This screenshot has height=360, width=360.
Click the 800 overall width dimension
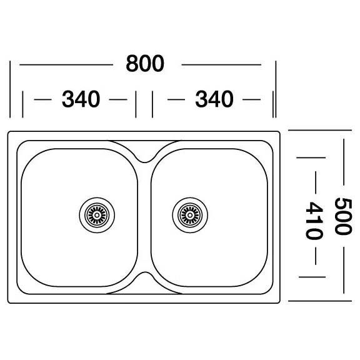pos(145,64)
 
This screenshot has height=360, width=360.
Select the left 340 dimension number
pos(81,99)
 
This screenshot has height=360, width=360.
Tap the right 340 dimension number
pos(214,99)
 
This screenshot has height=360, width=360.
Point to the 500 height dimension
pos(343,216)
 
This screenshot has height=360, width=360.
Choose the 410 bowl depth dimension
pos(314,221)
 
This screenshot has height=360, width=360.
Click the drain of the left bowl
pos(97,215)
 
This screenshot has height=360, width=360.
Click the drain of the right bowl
pos(190,215)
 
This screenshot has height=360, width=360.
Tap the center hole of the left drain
pos(97,215)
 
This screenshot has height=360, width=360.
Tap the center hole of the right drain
pos(190,215)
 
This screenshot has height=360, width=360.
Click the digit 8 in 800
pos(132,64)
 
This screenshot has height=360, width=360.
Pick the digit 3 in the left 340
pos(67,99)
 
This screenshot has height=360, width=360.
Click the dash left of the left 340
pos(42,99)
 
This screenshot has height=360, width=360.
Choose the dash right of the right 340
pos(251,99)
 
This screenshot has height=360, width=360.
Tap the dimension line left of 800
pos(66,65)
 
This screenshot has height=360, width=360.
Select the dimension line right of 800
pos(221,65)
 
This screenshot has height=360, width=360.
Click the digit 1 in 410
pos(314,221)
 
